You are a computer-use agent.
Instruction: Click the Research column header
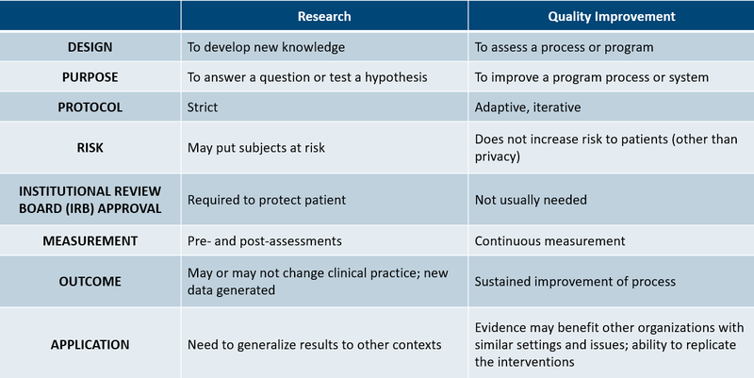(x=324, y=16)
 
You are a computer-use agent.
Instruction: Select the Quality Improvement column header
(x=612, y=16)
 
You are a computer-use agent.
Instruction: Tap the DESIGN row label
(x=90, y=47)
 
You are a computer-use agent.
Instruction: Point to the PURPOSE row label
(x=90, y=77)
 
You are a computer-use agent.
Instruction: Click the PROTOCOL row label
(x=90, y=107)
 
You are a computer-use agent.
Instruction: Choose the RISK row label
(x=90, y=147)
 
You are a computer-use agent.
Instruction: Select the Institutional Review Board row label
(x=90, y=200)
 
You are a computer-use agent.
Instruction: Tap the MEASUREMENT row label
(x=90, y=240)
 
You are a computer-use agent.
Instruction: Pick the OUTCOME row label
(x=90, y=281)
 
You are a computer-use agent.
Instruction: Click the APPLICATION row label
(x=90, y=344)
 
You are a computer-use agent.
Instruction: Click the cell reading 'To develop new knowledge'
(x=267, y=47)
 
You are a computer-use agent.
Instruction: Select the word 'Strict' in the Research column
(x=203, y=107)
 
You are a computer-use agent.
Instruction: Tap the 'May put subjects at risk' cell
(x=259, y=147)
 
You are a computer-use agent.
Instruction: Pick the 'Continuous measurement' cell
(x=549, y=240)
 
